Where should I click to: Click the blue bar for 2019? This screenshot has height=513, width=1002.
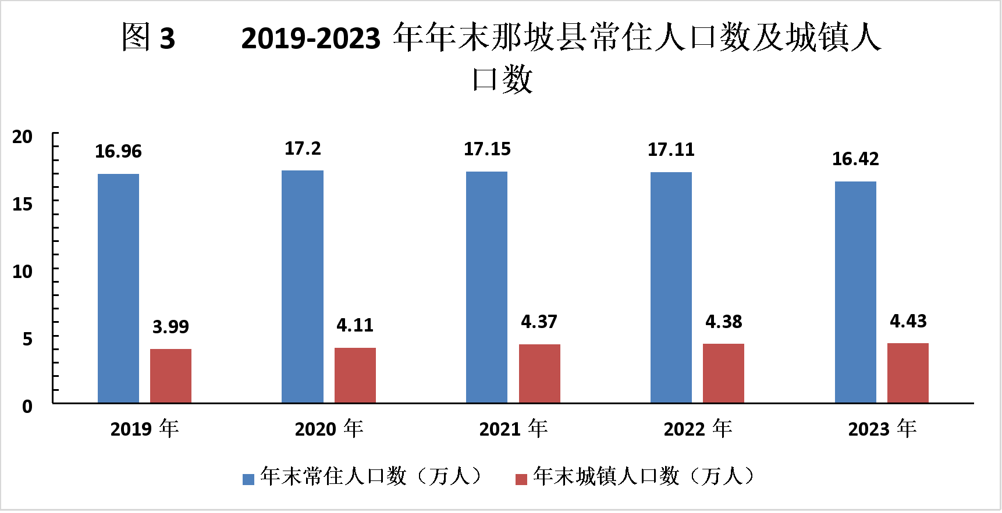(x=118, y=288)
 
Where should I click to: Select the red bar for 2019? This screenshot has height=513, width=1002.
(x=170, y=376)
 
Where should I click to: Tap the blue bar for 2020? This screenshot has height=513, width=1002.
(x=303, y=286)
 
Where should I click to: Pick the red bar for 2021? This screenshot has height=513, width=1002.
(x=539, y=373)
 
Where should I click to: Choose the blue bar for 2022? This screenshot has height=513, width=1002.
(x=671, y=287)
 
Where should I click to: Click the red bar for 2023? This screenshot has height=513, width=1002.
(x=908, y=373)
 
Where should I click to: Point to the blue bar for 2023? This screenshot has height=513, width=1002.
(x=855, y=292)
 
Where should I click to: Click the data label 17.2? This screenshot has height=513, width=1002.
(x=303, y=149)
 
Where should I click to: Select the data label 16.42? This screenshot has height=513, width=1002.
(x=855, y=159)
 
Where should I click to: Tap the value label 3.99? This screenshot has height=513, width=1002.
(x=170, y=327)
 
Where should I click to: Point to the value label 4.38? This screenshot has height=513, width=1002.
(x=724, y=322)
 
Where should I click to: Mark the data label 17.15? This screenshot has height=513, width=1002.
(x=487, y=149)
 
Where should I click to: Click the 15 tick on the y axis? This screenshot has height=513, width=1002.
(x=23, y=204)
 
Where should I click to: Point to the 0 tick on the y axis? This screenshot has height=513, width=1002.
(x=27, y=406)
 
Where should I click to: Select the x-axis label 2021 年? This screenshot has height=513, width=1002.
(x=513, y=429)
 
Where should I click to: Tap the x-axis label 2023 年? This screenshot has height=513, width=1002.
(x=882, y=429)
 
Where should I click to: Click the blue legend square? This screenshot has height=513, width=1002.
(x=248, y=479)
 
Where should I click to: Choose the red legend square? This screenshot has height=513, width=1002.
(x=521, y=479)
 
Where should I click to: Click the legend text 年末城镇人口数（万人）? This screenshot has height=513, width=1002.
(x=643, y=476)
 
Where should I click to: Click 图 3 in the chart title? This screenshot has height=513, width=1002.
(x=148, y=38)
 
